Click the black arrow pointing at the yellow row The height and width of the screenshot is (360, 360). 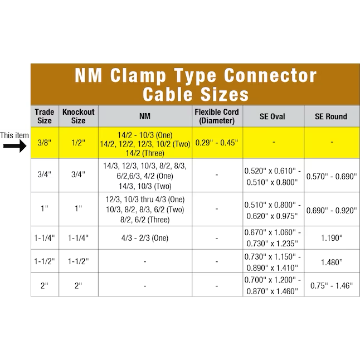click(x=15, y=146)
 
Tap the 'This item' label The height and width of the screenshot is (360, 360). click(x=14, y=135)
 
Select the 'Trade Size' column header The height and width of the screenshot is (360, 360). click(x=45, y=116)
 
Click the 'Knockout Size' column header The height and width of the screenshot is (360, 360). click(x=78, y=116)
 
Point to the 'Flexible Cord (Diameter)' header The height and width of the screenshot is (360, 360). click(x=217, y=116)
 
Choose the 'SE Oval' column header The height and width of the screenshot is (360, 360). click(x=273, y=116)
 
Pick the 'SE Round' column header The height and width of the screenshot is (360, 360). click(x=331, y=116)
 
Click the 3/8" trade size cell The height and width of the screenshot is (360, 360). click(x=45, y=143)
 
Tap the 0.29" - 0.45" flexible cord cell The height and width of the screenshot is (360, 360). click(x=217, y=143)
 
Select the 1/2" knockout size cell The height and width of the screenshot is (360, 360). click(x=78, y=143)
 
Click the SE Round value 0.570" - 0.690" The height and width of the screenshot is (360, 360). click(x=332, y=176)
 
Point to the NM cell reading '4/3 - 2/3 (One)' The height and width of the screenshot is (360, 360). click(x=145, y=238)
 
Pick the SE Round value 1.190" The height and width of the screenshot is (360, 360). click(x=332, y=238)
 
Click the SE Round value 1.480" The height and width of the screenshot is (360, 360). click(x=332, y=262)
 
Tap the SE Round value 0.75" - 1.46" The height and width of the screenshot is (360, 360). click(x=332, y=286)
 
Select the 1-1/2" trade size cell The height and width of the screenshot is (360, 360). click(x=45, y=261)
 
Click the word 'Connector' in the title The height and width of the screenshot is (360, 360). click(x=270, y=75)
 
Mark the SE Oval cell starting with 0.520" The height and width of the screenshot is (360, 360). click(x=273, y=176)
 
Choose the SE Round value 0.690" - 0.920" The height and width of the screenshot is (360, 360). click(x=332, y=210)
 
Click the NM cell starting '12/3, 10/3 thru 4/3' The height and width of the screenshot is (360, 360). click(x=145, y=210)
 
